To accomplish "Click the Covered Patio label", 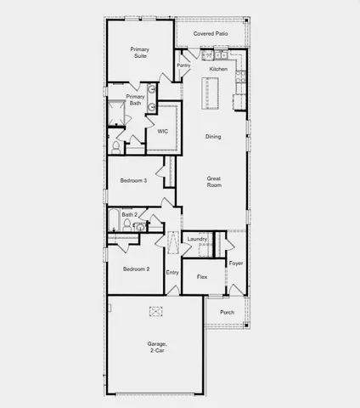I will [x=211, y=33].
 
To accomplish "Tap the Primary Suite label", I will [x=140, y=54].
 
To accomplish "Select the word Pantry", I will [x=183, y=65].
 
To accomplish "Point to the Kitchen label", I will [x=218, y=69].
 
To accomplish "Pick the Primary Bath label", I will [x=136, y=100].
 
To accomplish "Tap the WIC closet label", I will [x=162, y=131].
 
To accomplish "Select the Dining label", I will [x=213, y=136].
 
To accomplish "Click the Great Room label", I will [x=214, y=181].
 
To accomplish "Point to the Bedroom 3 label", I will [x=134, y=180].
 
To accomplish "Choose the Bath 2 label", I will [x=128, y=215].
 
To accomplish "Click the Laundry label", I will [x=198, y=240].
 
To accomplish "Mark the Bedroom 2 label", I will [x=136, y=269].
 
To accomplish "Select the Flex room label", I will [x=202, y=277].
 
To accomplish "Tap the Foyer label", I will [x=236, y=263].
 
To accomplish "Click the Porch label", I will [x=227, y=312].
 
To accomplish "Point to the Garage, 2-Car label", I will [x=156, y=347].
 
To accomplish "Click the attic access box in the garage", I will [x=156, y=311].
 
